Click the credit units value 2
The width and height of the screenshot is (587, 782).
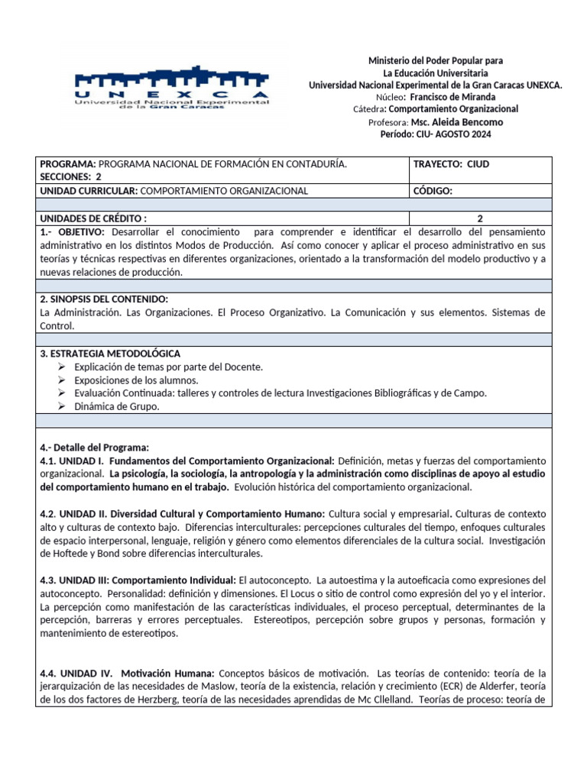[480, 218]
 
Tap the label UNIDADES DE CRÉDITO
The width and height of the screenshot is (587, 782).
[92, 218]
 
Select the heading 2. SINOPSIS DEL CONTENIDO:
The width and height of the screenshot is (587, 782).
[103, 299]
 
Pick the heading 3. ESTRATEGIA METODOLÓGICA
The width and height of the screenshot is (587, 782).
[110, 354]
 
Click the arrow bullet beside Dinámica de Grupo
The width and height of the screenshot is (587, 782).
[63, 407]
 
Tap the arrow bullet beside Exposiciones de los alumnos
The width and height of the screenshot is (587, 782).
[63, 380]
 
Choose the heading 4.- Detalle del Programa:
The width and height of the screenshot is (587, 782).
[94, 448]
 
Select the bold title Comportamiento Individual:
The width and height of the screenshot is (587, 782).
[177, 580]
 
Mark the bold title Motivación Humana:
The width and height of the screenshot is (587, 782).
[167, 673]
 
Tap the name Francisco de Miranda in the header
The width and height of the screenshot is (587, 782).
[452, 97]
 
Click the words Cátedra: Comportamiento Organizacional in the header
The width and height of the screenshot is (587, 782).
[436, 109]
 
